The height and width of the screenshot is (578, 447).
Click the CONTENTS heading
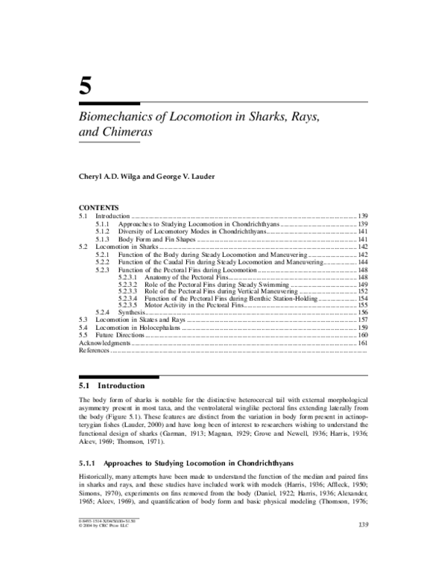click(x=98, y=207)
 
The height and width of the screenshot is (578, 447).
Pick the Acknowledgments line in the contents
click(x=105, y=342)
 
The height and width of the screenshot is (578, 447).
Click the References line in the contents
click(x=94, y=349)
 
